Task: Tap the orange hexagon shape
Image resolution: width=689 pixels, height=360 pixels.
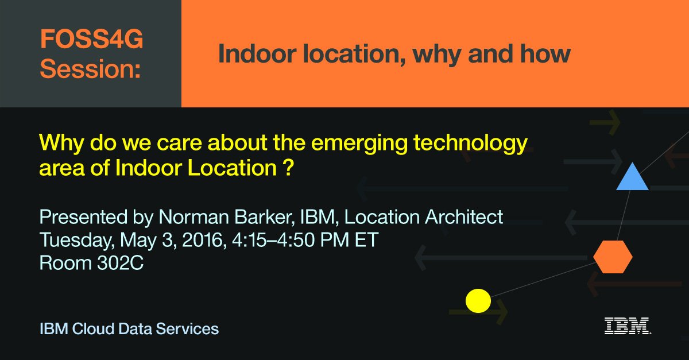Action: (x=613, y=257)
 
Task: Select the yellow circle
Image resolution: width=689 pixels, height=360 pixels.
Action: (x=478, y=300)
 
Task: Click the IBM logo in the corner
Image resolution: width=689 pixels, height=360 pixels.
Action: (x=627, y=326)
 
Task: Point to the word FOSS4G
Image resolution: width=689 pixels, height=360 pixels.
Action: (x=91, y=40)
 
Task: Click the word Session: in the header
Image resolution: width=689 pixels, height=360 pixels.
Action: (x=90, y=69)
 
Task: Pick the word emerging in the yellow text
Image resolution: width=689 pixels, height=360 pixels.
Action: (x=333, y=143)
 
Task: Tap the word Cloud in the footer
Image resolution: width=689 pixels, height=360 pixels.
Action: (x=92, y=329)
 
